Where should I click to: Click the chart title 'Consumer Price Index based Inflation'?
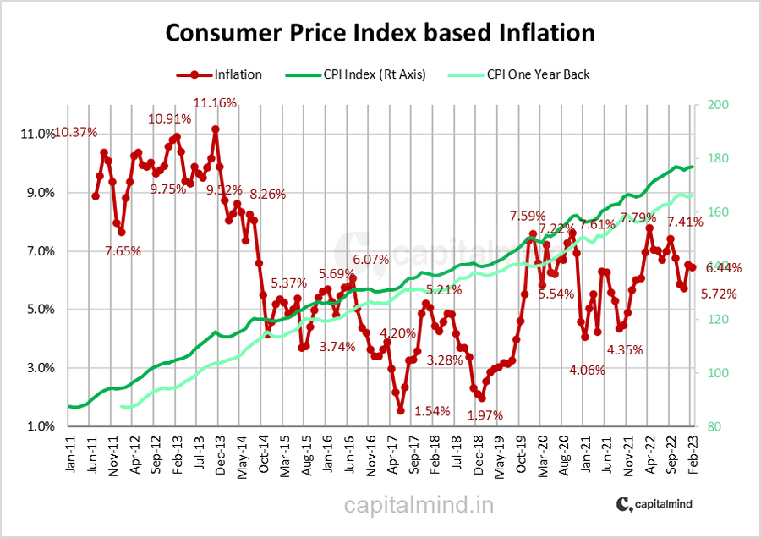tap(380, 34)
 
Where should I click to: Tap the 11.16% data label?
tap(215, 103)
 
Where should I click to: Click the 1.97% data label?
tap(485, 415)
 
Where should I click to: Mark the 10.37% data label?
tap(76, 132)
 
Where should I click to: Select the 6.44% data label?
tap(724, 268)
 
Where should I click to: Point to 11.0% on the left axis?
tap(40, 134)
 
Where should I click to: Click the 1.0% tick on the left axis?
tap(41, 426)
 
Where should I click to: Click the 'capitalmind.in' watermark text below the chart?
tap(419, 505)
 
